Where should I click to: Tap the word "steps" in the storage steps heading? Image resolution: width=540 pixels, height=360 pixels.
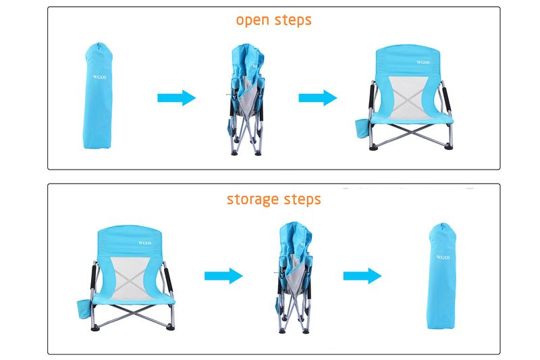(x=301, y=200)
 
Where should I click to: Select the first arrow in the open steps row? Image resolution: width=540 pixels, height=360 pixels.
(x=176, y=98)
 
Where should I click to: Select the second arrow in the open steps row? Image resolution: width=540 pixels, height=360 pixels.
(x=317, y=98)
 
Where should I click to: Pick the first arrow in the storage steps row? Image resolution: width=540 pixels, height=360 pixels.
(x=223, y=276)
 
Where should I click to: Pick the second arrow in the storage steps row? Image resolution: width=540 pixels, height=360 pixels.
(x=362, y=276)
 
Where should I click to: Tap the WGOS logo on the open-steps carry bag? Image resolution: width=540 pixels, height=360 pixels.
(x=99, y=76)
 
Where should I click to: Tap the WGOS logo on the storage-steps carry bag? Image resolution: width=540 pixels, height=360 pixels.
(x=443, y=257)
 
